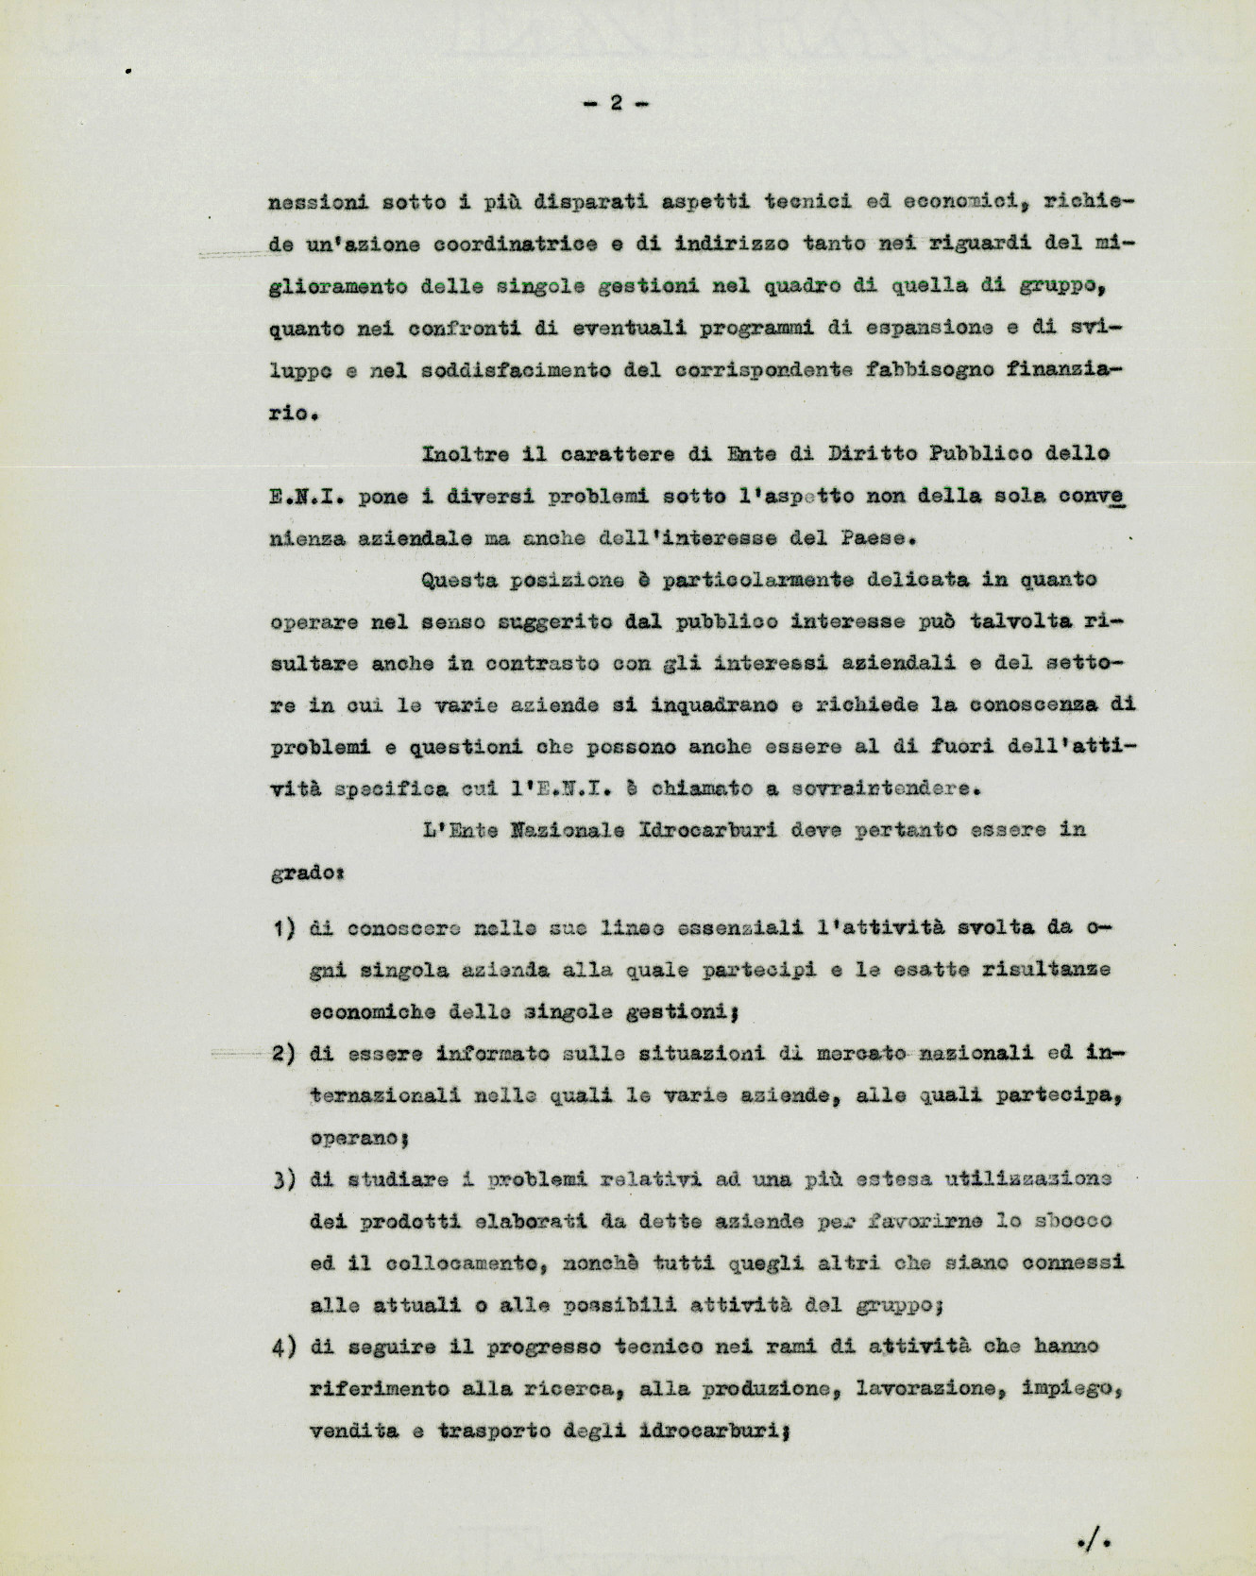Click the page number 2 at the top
615,103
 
